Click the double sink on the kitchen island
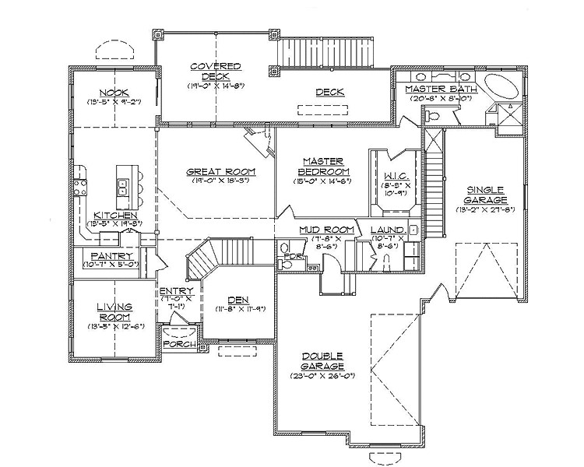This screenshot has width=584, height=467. coord(122,185)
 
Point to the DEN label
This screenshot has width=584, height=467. coord(238,300)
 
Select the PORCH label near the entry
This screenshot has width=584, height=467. coord(178,345)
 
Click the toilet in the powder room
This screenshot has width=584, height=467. coord(286,265)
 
